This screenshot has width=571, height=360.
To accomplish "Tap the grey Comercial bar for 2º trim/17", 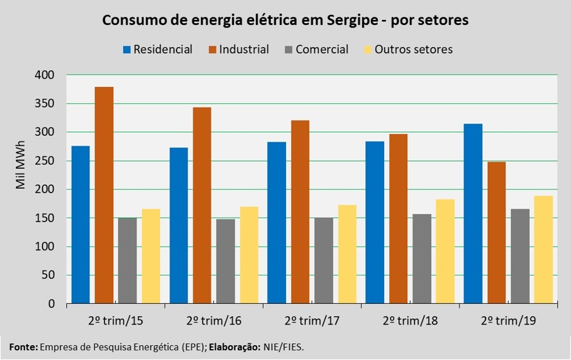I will (324, 261).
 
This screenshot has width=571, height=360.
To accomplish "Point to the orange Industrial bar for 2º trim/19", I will (497, 232).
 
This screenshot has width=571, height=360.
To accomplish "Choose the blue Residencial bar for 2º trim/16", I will (179, 225).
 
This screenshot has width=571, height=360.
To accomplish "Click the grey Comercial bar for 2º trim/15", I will (127, 261).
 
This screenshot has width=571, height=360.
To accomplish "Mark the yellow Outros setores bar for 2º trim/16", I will (249, 255).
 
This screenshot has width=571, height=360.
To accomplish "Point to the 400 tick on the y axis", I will (46, 75).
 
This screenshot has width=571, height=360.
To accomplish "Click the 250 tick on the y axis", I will (46, 161).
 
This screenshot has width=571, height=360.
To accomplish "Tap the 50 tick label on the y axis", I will (49, 275).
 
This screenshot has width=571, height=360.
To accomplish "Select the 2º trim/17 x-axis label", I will (310, 321).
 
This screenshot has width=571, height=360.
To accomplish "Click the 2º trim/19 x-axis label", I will (507, 321).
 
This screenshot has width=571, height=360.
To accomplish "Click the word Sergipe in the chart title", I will (352, 21).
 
